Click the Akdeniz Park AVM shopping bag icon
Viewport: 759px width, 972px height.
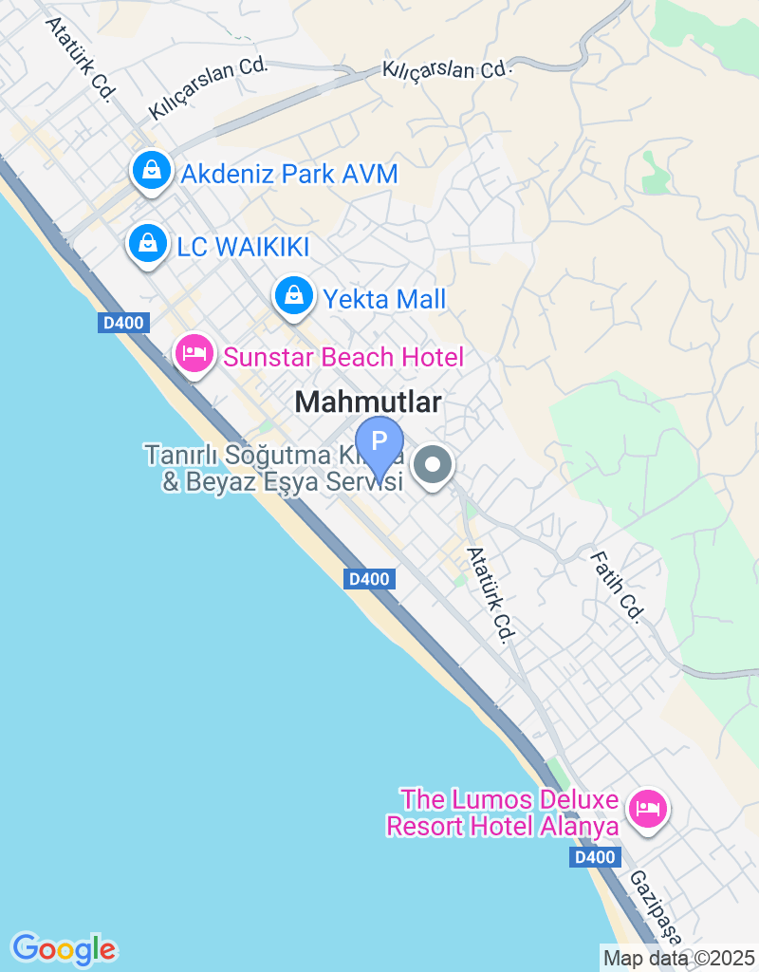[x=151, y=172]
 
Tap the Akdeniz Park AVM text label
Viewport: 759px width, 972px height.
[x=288, y=175]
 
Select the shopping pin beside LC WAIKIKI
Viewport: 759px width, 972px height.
[x=148, y=244]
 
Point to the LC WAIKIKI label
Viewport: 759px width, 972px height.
[x=244, y=247]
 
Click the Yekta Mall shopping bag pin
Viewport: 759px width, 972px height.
[x=295, y=296]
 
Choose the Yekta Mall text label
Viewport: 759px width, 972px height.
[x=384, y=300]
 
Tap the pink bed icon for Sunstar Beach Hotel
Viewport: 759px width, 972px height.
[x=194, y=354]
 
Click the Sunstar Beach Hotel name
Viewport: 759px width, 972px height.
[x=342, y=357]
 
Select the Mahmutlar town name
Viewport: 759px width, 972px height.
[x=368, y=402]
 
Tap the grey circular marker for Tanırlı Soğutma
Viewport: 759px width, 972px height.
[x=435, y=466]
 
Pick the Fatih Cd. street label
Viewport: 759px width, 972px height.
[x=618, y=588]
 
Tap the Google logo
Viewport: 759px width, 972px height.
[x=65, y=948]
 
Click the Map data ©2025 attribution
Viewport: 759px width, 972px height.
[x=679, y=957]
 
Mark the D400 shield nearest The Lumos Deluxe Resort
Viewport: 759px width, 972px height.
[x=596, y=858]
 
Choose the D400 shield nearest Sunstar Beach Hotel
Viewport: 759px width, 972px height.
[x=123, y=323]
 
